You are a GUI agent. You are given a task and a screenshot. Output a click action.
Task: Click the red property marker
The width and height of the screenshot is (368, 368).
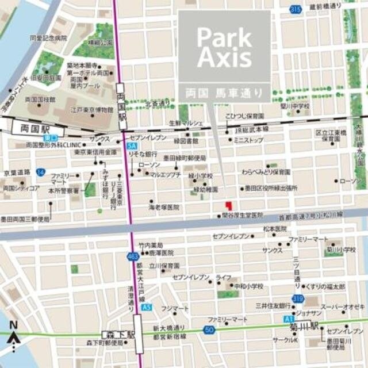click(x=228, y=205)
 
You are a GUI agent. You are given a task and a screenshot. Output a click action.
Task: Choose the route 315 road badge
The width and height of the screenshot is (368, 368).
click(x=296, y=9)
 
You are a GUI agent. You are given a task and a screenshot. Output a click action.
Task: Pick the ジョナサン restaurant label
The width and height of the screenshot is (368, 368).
click(x=309, y=313)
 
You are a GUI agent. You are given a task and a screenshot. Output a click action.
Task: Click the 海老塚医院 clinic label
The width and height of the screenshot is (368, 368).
click(x=164, y=206)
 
